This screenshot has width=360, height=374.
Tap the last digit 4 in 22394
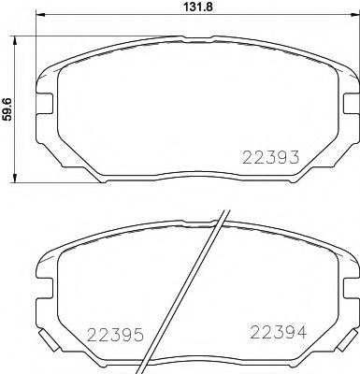296,331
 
